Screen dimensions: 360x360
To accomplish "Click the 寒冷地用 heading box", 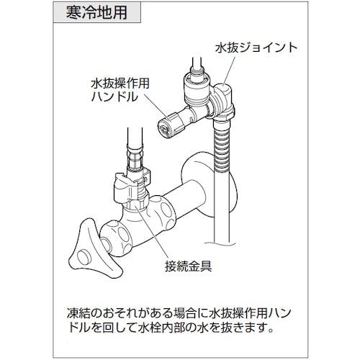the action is pyautogui.click(x=97, y=12).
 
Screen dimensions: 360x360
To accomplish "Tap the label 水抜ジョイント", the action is pyautogui.click(x=256, y=48).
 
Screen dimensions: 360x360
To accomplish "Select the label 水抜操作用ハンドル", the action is pyautogui.click(x=120, y=90).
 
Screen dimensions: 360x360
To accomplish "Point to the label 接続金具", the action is pyautogui.click(x=189, y=266).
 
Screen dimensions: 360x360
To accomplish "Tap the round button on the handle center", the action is pyautogui.click(x=84, y=258).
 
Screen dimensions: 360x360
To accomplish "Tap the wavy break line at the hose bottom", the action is pyautogui.click(x=221, y=243).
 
